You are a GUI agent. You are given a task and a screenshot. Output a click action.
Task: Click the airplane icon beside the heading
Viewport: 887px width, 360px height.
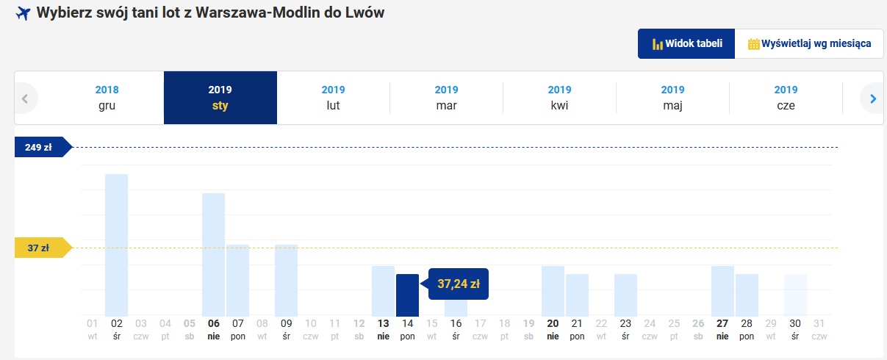pos(23,13)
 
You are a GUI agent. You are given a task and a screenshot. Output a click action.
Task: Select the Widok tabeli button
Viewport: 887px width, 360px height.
pos(686,43)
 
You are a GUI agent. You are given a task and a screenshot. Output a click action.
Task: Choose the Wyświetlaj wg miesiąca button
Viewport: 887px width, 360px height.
pos(809,43)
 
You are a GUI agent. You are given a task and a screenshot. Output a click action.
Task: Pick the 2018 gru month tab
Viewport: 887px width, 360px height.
pos(107,98)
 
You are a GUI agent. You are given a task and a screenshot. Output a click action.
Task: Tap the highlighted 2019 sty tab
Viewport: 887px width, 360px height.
pos(220,98)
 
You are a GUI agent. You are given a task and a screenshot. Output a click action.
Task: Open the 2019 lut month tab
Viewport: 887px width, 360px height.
pos(333,98)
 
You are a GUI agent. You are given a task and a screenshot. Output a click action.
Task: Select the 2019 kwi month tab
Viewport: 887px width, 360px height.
pos(559,98)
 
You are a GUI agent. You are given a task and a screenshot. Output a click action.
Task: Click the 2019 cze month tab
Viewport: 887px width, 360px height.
pos(786,98)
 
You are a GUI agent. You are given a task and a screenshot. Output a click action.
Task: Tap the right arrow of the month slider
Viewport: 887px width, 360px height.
pos(873,98)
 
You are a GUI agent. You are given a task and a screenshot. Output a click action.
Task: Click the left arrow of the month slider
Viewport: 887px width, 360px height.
pos(25,98)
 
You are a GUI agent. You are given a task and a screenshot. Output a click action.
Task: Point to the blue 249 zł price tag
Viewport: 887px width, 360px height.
pos(43,147)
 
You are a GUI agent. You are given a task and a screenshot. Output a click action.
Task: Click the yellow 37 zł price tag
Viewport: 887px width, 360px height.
pos(43,248)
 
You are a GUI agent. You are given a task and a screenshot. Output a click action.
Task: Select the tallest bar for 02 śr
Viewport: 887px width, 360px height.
pos(116,245)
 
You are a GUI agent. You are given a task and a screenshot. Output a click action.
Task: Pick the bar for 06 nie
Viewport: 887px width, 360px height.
pos(213,255)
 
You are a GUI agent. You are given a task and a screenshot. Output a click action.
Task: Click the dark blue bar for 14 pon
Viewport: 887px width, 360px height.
pos(407,295)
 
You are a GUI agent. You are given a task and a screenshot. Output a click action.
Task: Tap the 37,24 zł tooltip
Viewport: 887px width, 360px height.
pos(458,284)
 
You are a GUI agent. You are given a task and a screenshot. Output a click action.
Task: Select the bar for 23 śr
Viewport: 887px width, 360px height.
pos(625,295)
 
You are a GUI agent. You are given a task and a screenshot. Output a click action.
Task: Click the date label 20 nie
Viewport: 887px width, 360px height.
pos(553,329)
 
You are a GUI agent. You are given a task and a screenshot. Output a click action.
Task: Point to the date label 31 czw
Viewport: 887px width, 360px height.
pos(819,329)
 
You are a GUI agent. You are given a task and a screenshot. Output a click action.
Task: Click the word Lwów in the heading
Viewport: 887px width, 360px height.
pos(365,12)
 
